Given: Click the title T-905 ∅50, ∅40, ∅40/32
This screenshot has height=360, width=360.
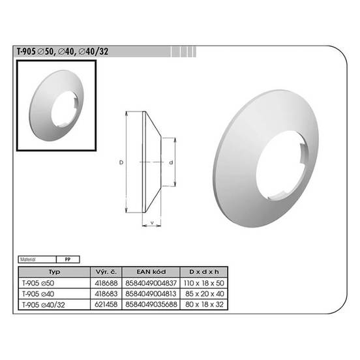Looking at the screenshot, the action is click(x=63, y=52).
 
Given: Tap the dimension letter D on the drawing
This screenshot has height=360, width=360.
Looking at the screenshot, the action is click(x=121, y=162).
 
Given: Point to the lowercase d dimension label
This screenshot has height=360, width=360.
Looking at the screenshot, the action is click(x=171, y=162).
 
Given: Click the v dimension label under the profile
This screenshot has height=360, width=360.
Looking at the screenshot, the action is click(x=152, y=222).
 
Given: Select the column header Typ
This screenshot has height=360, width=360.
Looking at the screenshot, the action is click(x=54, y=272).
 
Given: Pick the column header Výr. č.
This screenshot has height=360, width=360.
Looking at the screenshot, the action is click(x=106, y=272).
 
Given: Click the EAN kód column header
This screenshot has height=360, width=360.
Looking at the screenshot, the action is click(x=151, y=272).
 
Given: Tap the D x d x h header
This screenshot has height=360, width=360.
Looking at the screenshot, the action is click(x=204, y=272).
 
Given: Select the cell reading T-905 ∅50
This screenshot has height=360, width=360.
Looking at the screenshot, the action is click(x=38, y=283).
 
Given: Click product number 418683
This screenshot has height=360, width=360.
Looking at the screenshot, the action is click(x=106, y=294).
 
